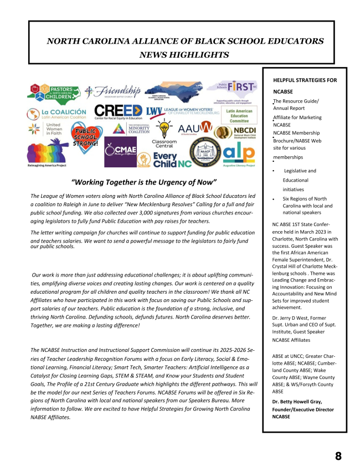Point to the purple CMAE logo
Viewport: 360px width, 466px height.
(120, 152)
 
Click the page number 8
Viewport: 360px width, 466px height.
(338, 456)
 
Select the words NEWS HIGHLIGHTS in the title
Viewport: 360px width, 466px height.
(184, 54)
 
